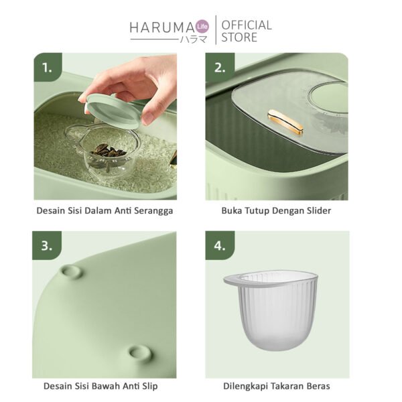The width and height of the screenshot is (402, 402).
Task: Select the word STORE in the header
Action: click(239, 38)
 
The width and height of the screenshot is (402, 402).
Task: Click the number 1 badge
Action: click(46, 68)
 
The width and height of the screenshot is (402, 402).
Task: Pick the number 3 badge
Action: click(46, 245)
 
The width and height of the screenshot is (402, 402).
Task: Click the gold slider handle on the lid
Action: click(285, 121)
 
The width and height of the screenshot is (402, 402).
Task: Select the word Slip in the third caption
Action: click(148, 387)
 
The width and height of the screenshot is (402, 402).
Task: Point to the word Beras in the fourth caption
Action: click(318, 387)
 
